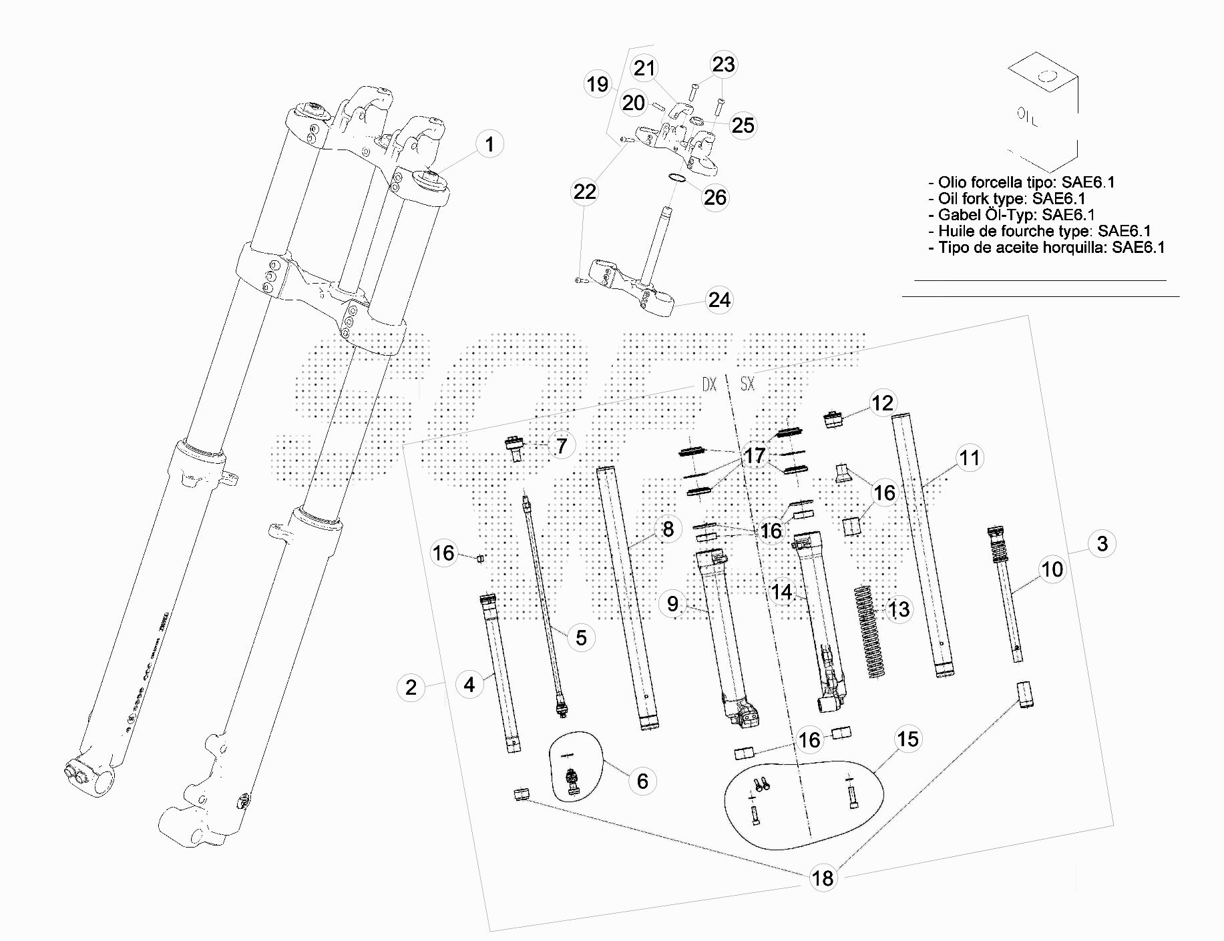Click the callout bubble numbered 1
tap(489, 144)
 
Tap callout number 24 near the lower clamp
tap(719, 300)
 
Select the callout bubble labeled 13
tap(899, 609)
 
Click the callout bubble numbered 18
tap(823, 878)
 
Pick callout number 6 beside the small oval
tap(642, 781)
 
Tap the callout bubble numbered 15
tap(908, 739)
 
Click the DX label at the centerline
tap(708, 385)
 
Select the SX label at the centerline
tap(747, 385)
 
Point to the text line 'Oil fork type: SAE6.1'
tap(1012, 199)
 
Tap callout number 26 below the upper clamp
tap(715, 198)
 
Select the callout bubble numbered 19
tap(598, 85)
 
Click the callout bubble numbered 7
tap(562, 446)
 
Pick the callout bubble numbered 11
tap(969, 458)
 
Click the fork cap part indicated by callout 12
tap(832, 420)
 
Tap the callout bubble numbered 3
tap(1102, 543)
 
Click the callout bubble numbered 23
tap(723, 64)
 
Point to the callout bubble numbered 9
tap(672, 603)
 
